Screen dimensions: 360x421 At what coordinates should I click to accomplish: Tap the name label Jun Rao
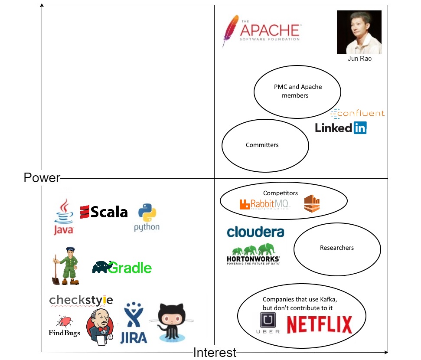(359, 59)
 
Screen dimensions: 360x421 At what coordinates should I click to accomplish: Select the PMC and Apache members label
(297, 91)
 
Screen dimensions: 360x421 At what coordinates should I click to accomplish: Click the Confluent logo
(357, 114)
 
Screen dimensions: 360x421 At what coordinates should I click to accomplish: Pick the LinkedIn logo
(340, 128)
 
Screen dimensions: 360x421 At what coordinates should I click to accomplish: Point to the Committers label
(262, 145)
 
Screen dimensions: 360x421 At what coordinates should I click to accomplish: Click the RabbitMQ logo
(264, 204)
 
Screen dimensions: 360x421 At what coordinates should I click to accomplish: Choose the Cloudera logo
(255, 232)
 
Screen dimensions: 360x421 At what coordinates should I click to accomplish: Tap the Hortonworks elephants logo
(254, 255)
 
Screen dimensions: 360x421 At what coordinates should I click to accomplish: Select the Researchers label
(337, 248)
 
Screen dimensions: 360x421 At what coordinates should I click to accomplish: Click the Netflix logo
(320, 324)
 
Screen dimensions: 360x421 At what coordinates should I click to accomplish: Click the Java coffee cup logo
(64, 217)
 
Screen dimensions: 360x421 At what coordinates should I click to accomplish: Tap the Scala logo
(104, 212)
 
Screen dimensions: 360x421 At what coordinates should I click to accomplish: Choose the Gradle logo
(122, 268)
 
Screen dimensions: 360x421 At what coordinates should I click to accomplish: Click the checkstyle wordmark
(81, 300)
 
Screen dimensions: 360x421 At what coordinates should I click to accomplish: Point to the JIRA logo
(133, 323)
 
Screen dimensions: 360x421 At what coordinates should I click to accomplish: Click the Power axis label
(42, 178)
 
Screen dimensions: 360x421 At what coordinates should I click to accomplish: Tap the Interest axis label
(215, 352)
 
